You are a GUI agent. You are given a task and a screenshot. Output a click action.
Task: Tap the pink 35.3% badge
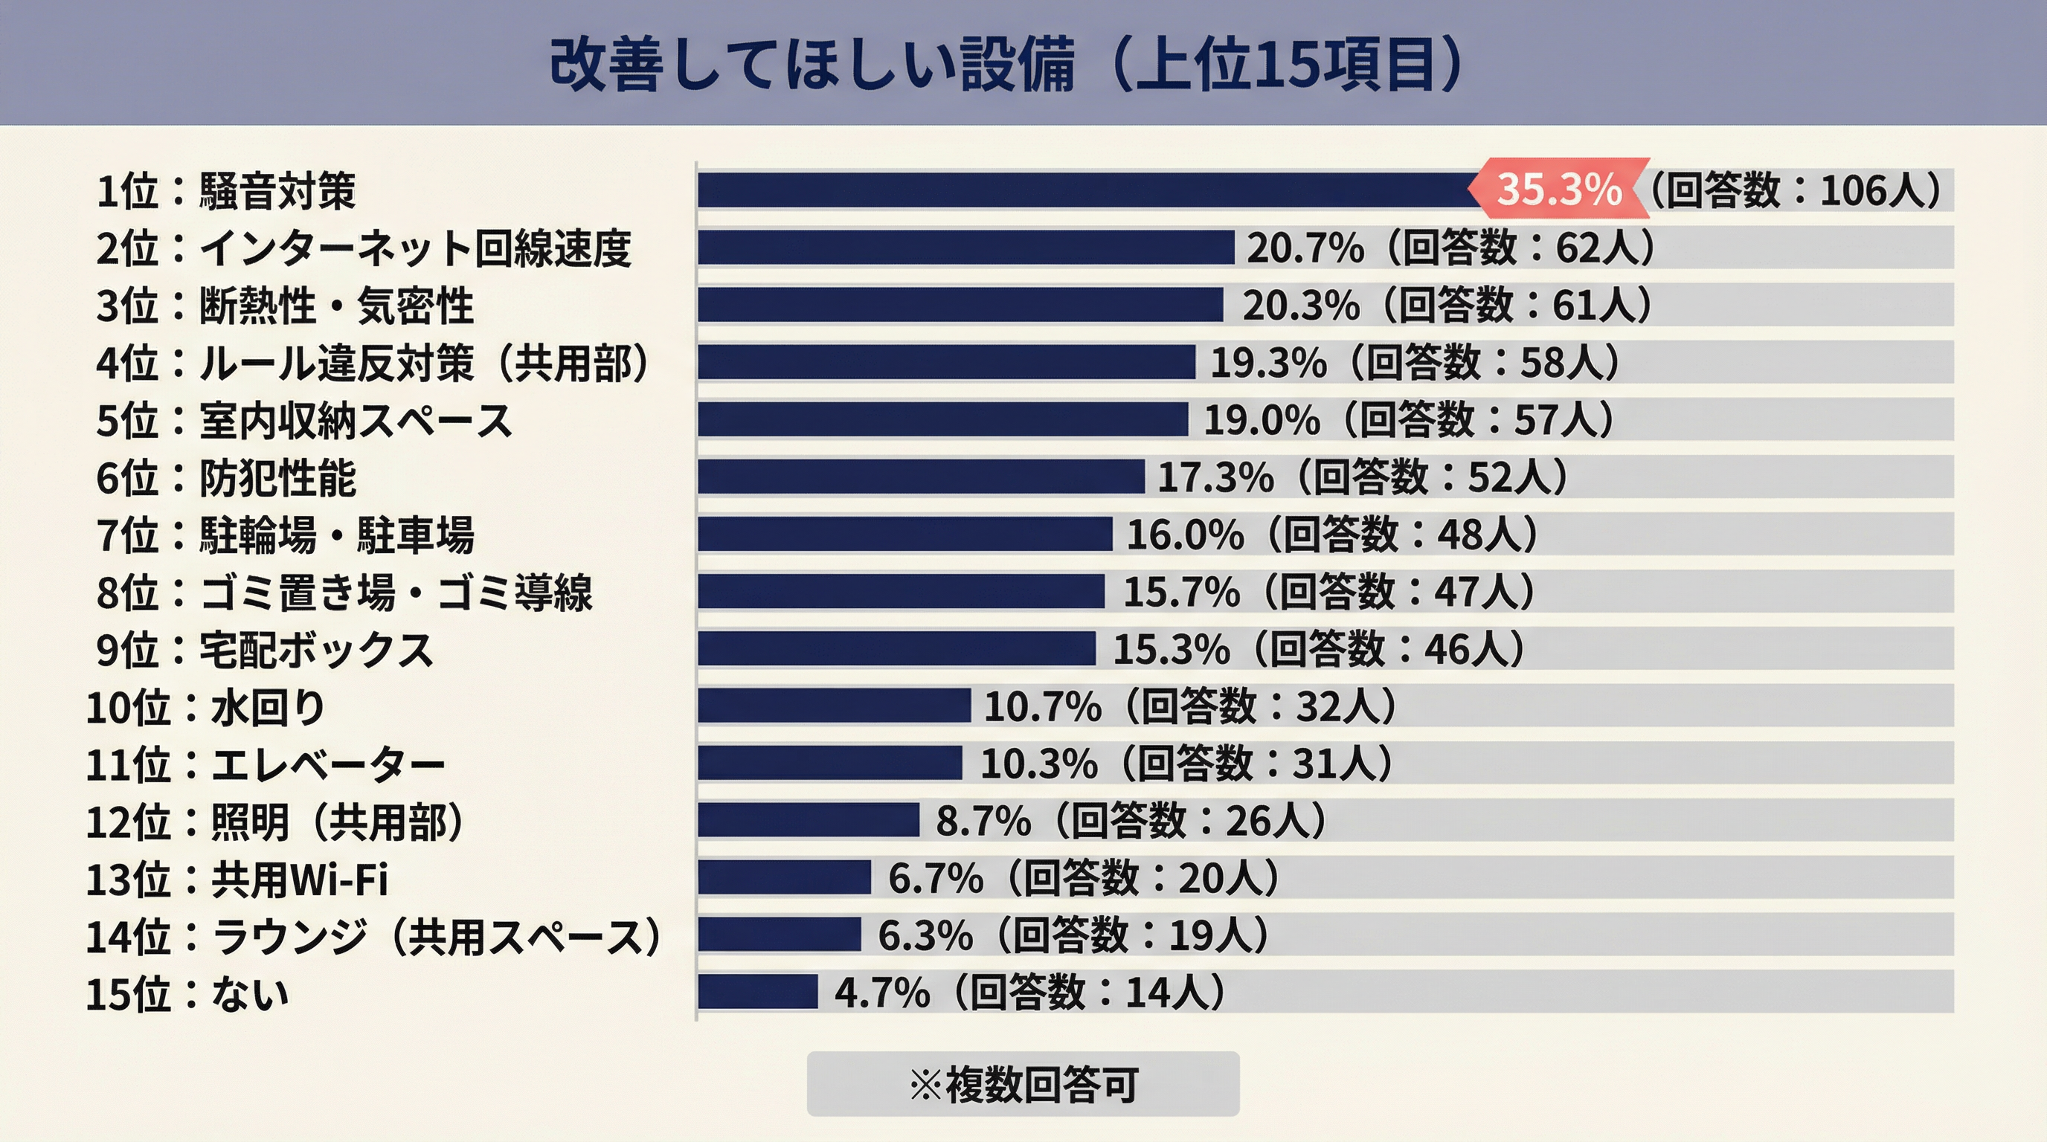point(1558,189)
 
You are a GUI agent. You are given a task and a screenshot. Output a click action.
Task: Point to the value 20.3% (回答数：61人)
point(1447,305)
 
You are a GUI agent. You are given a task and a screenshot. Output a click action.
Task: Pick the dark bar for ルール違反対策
point(945,362)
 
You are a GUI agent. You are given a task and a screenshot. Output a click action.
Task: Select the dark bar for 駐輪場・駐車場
point(904,534)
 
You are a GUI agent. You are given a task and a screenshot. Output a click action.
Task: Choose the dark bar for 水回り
point(834,706)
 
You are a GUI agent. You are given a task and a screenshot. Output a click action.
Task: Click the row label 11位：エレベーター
point(266,765)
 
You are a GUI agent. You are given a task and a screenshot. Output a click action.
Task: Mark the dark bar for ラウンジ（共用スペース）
point(779,935)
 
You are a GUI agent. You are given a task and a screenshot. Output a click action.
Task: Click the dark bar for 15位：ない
point(757,992)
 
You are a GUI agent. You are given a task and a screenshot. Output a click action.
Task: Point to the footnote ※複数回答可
point(1023,1084)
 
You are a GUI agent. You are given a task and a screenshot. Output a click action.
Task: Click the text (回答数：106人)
point(1796,190)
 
